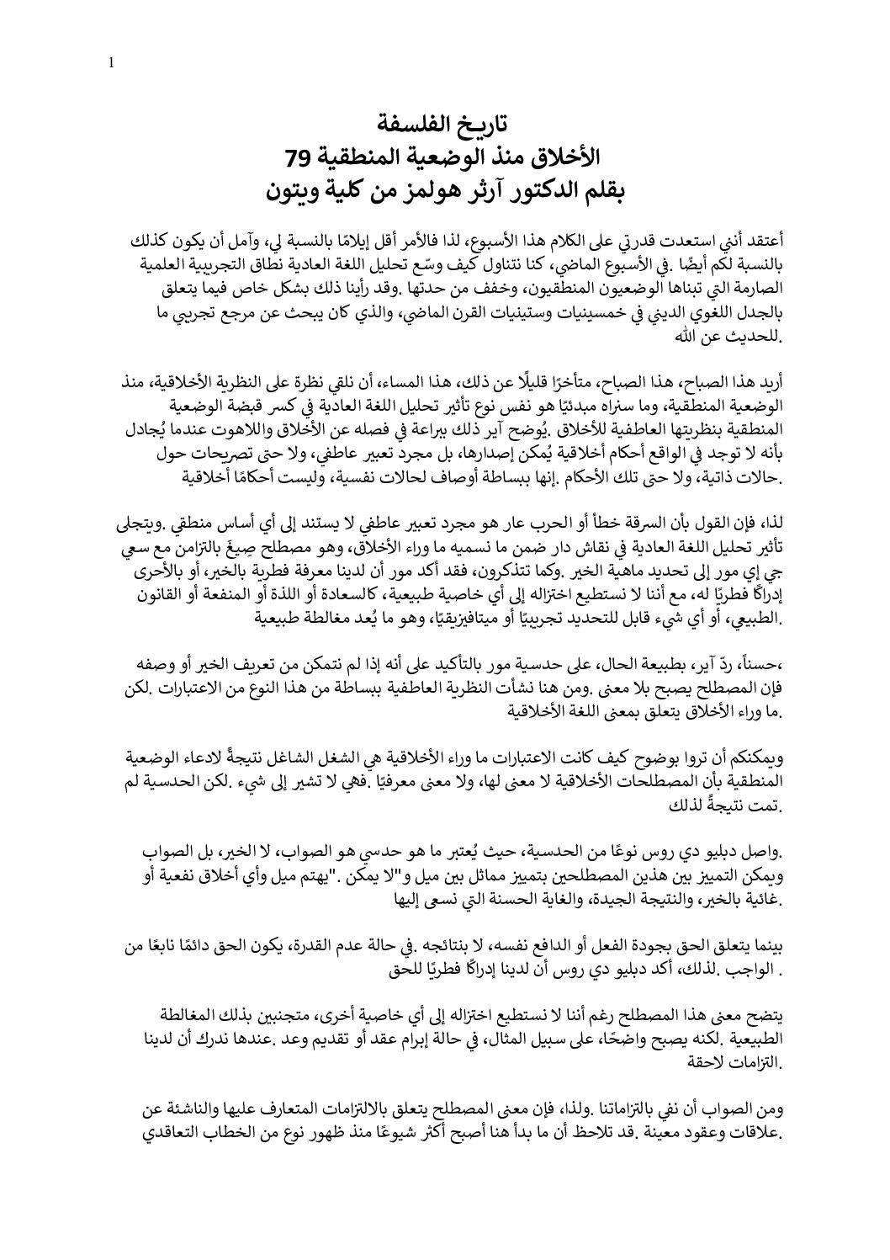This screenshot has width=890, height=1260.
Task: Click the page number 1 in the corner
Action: pos(112,61)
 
